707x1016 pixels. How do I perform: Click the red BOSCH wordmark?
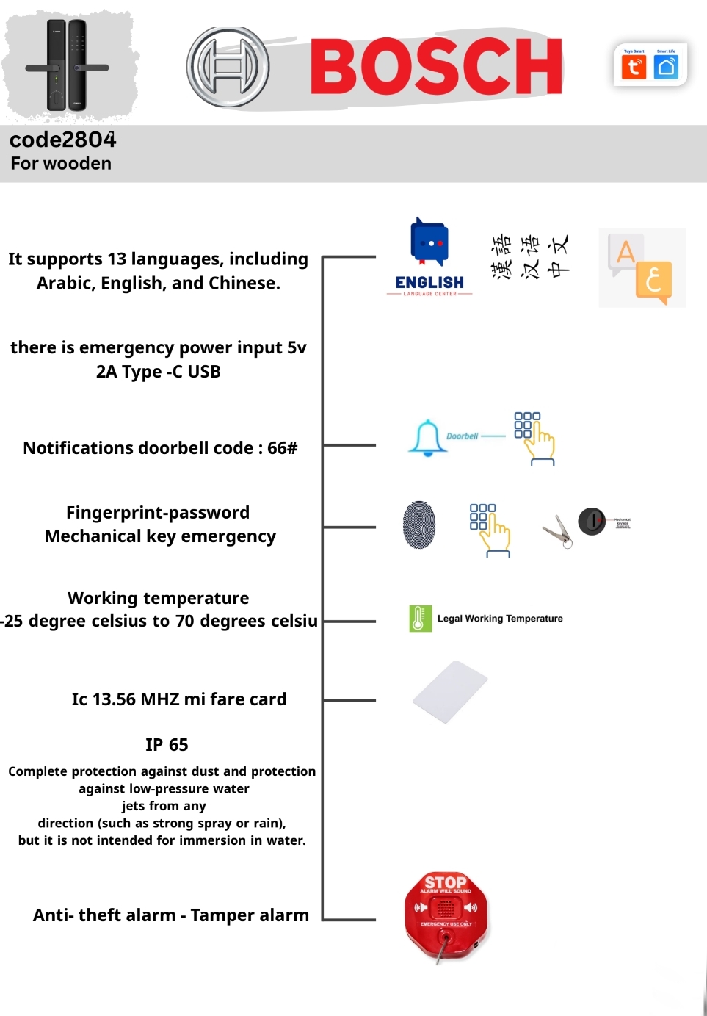point(436,67)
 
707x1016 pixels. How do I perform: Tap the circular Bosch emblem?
point(228,67)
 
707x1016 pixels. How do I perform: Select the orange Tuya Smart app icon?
point(634,67)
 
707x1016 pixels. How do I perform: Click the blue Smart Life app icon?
point(667,67)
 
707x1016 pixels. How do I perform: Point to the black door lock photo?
point(67,65)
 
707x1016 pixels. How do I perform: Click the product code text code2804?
point(63,140)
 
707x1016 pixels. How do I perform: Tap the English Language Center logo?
point(429,256)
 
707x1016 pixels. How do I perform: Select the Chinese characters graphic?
point(529,256)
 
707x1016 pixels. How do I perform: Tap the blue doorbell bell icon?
point(427,438)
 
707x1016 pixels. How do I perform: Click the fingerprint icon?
point(419,525)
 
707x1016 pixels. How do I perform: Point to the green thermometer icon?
point(420,619)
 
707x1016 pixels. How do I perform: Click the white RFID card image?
point(450,692)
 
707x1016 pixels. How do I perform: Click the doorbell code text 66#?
point(283,448)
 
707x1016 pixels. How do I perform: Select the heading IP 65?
point(167,745)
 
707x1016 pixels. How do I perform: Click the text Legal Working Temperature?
point(500,619)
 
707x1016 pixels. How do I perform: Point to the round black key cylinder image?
point(592,521)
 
